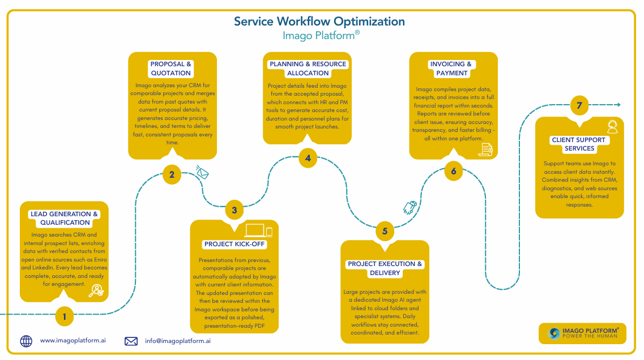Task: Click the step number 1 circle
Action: point(65,317)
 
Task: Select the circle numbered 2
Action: point(172,174)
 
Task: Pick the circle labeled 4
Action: point(308,158)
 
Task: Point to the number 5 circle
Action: point(385,231)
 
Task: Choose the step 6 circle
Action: point(453,171)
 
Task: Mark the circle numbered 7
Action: point(579,105)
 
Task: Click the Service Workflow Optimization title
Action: point(319,22)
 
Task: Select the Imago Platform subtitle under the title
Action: point(321,36)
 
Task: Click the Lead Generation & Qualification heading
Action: point(64,218)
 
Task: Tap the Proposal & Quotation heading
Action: point(171,68)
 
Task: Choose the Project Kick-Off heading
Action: point(234,245)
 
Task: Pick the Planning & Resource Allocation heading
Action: point(308,68)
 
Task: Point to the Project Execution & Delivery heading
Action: point(385,268)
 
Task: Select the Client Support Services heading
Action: point(579,144)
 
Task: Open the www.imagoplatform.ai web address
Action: point(73,341)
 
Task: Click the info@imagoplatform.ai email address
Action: point(178,341)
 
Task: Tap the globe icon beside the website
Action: point(26,341)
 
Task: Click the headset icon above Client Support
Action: point(612,125)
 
